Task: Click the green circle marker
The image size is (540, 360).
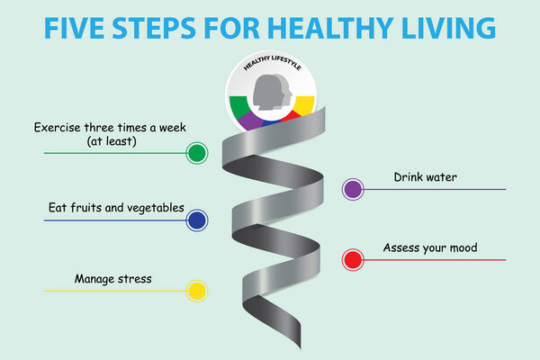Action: [196, 152]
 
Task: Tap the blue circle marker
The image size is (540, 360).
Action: [196, 219]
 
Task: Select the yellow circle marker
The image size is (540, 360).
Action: [196, 291]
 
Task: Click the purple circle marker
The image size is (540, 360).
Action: [353, 189]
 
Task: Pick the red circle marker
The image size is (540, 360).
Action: [353, 260]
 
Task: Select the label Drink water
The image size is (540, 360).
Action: [426, 176]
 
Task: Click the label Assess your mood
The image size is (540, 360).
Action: [430, 247]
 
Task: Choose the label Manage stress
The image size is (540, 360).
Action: [113, 279]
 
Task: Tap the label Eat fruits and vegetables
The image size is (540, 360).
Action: [116, 208]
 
